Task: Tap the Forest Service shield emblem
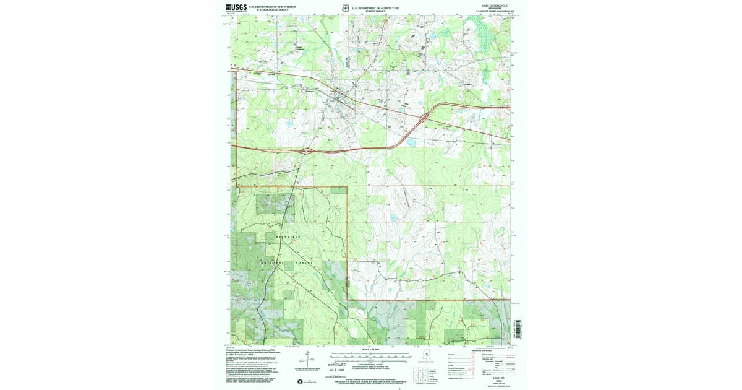coord(344,8)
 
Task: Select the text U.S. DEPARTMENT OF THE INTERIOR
coord(272,7)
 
